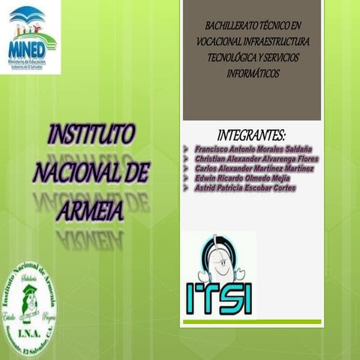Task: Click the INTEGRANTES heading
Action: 251,135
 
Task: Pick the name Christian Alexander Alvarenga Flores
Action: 256,159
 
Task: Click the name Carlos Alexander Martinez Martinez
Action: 253,169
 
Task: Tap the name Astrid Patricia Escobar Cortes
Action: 244,188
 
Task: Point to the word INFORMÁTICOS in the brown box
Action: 252,73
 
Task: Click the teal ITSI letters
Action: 219,297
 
